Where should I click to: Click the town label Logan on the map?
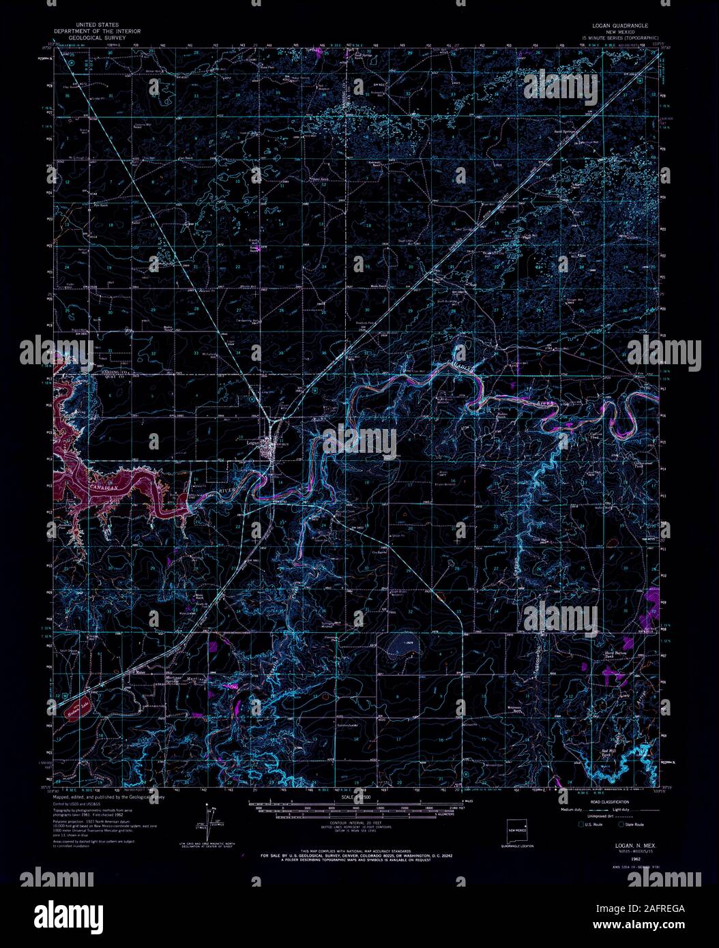coord(246,440)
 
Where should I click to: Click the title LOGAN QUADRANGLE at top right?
coord(620,24)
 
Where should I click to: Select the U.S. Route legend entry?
coord(590,825)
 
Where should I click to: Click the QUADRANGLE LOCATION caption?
coord(516,846)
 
